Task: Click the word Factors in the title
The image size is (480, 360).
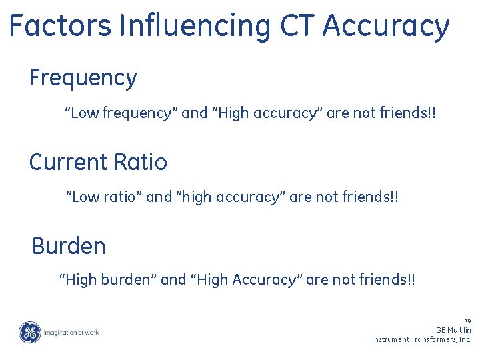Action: [61, 26]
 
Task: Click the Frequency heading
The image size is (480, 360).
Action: [83, 78]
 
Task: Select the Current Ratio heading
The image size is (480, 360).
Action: [98, 162]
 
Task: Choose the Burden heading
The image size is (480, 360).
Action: [69, 246]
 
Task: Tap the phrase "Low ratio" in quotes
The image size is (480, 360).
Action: [103, 197]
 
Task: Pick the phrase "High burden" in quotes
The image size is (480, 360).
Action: [108, 280]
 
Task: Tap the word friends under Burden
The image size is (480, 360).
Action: [385, 280]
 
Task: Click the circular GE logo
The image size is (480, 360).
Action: [29, 332]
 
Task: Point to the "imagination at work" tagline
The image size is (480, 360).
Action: [71, 332]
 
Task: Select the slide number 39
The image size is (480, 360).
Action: [467, 321]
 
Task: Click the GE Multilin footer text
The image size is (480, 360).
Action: [453, 330]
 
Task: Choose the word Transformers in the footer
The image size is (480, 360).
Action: [436, 339]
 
